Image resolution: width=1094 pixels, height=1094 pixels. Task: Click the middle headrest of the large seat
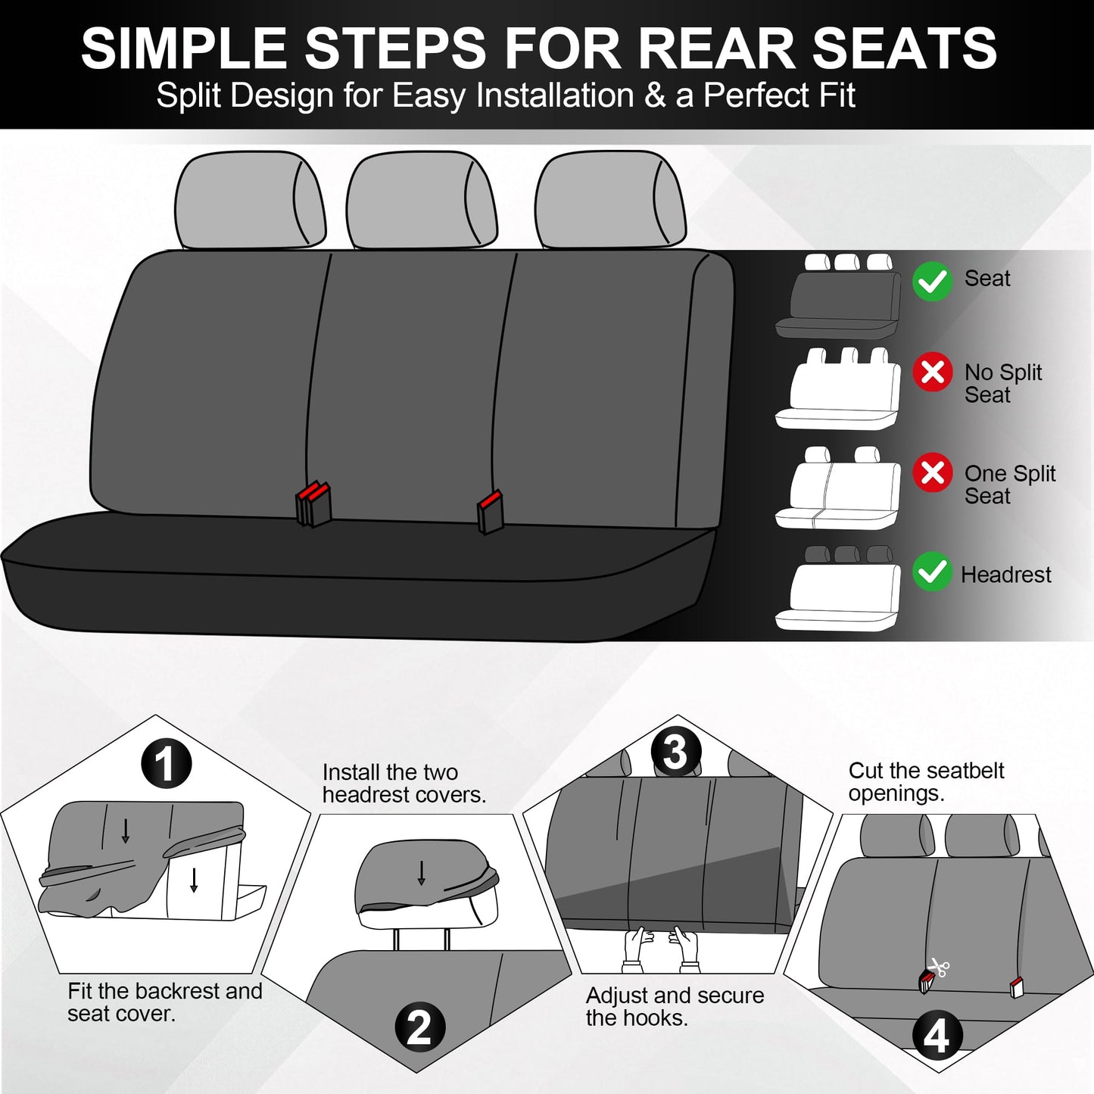point(421,200)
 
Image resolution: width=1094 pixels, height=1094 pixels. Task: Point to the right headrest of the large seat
point(609,200)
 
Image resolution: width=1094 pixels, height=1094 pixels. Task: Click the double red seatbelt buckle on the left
point(313,503)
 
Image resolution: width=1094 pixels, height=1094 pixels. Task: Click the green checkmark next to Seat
point(932,281)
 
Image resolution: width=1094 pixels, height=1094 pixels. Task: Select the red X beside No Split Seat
point(932,372)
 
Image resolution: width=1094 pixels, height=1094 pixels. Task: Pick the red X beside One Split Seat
point(932,473)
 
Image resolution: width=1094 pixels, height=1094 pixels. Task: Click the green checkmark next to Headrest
point(932,572)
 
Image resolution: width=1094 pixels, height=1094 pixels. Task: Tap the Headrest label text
point(1005,575)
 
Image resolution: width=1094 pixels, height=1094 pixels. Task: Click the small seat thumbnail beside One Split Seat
point(837,488)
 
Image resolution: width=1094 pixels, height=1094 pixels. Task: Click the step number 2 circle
point(419,1027)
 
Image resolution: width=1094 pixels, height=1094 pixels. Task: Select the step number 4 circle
point(937,1036)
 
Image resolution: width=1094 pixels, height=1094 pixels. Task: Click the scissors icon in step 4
point(940,967)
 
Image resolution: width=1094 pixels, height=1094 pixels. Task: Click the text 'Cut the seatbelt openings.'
point(925,781)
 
